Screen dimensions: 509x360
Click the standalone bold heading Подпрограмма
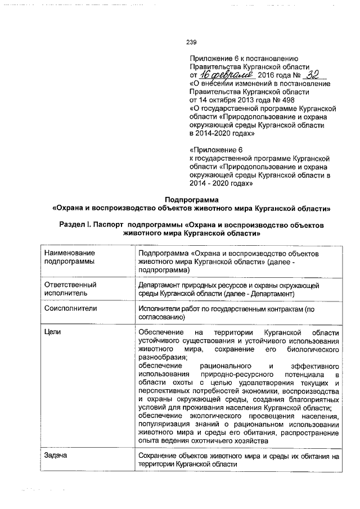191,199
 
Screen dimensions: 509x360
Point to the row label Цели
52,332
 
